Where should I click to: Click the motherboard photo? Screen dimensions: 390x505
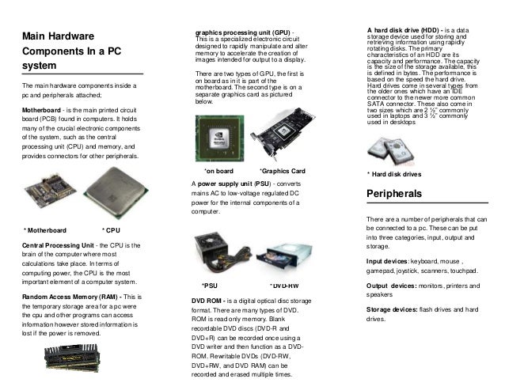click(51, 193)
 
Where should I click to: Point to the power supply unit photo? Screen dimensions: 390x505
click(218, 253)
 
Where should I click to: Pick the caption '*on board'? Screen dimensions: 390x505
click(218, 171)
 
